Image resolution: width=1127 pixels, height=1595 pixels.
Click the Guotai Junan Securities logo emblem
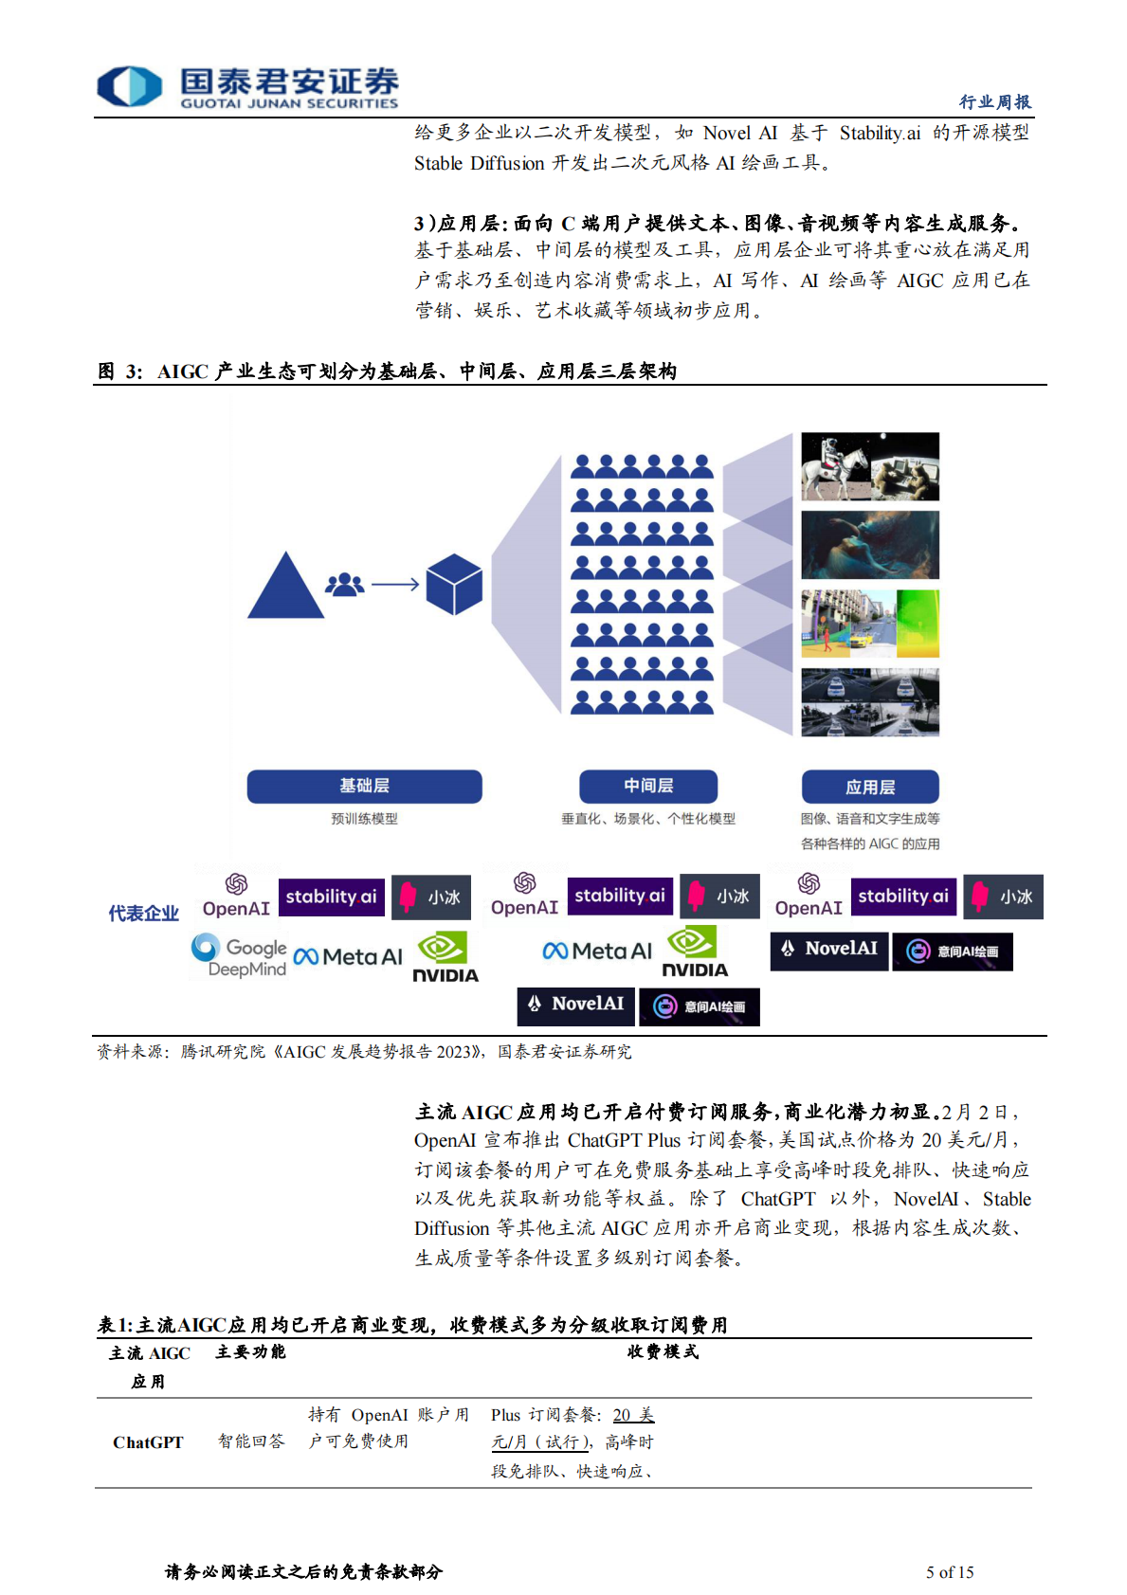click(x=130, y=86)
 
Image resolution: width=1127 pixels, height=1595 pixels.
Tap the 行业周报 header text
click(x=994, y=101)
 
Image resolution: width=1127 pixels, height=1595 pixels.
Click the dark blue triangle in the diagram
click(x=284, y=588)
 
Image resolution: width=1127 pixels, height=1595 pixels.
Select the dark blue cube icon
click(x=454, y=585)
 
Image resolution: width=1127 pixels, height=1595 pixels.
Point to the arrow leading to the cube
click(x=395, y=585)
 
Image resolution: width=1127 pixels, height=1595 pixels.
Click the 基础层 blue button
click(x=364, y=786)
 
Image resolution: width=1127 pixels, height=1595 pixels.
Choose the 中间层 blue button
click(x=648, y=786)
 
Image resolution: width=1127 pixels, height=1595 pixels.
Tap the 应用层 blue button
click(x=870, y=787)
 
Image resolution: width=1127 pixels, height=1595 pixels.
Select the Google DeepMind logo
click(x=239, y=955)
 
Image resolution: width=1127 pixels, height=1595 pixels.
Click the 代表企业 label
click(x=143, y=914)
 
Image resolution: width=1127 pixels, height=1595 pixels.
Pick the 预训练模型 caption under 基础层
click(x=364, y=819)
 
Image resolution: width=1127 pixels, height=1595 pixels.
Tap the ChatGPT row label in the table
click(x=148, y=1442)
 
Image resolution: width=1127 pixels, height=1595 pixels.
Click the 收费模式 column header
click(x=663, y=1352)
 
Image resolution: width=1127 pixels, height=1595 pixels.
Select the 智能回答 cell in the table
click(x=251, y=1441)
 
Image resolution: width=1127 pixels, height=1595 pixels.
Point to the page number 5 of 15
click(x=950, y=1572)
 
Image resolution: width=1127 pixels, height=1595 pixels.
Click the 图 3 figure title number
click(x=119, y=372)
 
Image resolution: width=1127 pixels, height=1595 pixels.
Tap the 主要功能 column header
click(x=250, y=1352)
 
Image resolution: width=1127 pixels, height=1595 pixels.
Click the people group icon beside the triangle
click(x=344, y=585)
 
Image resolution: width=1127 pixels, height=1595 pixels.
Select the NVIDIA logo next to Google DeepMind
click(x=445, y=958)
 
